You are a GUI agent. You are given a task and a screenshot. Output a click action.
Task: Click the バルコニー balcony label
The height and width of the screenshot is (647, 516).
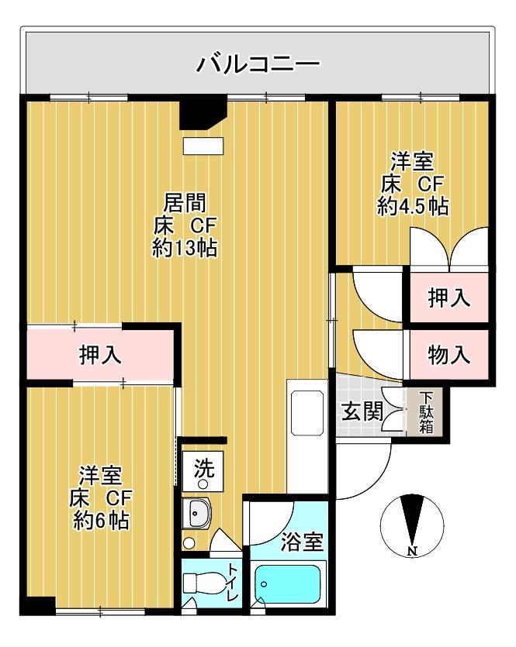257,63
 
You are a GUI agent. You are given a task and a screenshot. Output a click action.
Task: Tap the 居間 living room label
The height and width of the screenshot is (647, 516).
185,203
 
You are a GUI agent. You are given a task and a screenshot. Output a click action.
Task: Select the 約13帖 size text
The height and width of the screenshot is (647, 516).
185,249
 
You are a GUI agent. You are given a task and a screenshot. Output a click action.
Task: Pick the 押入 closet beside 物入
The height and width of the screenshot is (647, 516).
450,298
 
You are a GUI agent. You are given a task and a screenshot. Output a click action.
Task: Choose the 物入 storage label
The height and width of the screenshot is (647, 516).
450,355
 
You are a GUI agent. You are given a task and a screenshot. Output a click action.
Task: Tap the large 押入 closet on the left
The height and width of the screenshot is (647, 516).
101,355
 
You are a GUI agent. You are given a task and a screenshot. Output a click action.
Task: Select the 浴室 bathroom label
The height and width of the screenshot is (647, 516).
302,542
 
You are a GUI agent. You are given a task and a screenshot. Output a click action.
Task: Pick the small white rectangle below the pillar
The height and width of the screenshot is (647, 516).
203,146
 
